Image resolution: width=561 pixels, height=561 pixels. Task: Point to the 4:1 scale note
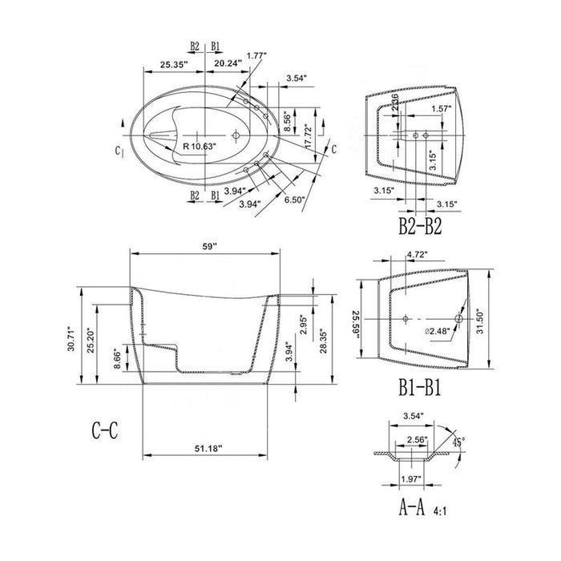[x=441, y=509]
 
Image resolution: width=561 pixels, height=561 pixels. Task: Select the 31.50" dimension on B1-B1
[x=480, y=324]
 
